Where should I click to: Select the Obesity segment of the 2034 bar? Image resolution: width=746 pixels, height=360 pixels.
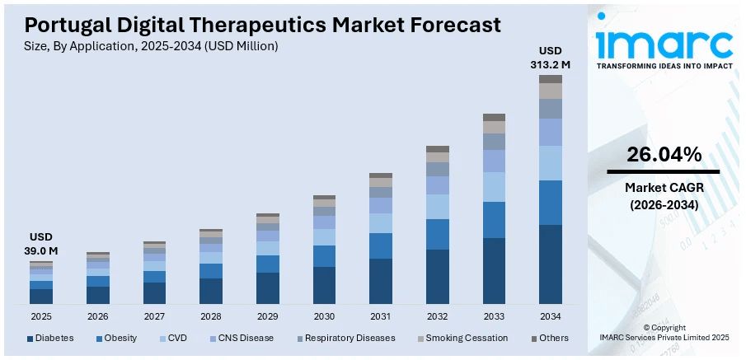coord(550,203)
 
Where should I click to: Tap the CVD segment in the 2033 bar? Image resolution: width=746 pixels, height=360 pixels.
coord(494,187)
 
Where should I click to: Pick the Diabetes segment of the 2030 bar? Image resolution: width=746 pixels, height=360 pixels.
coord(324,285)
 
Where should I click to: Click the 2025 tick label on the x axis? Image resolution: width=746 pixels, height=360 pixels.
coord(41,316)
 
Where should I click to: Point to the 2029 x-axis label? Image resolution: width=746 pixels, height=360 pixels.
coord(267,316)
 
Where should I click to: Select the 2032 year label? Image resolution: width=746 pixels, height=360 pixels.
coord(437,316)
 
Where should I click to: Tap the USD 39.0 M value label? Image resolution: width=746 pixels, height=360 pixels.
coord(41,244)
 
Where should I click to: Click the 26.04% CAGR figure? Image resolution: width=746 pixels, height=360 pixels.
coord(664,154)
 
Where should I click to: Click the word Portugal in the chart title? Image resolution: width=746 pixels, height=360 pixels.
coord(60,25)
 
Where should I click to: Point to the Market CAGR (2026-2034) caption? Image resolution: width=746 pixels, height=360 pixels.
coord(664,196)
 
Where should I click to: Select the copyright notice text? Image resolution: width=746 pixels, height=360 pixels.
coord(664,332)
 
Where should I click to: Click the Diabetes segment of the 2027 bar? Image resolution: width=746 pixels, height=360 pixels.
coord(154,293)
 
